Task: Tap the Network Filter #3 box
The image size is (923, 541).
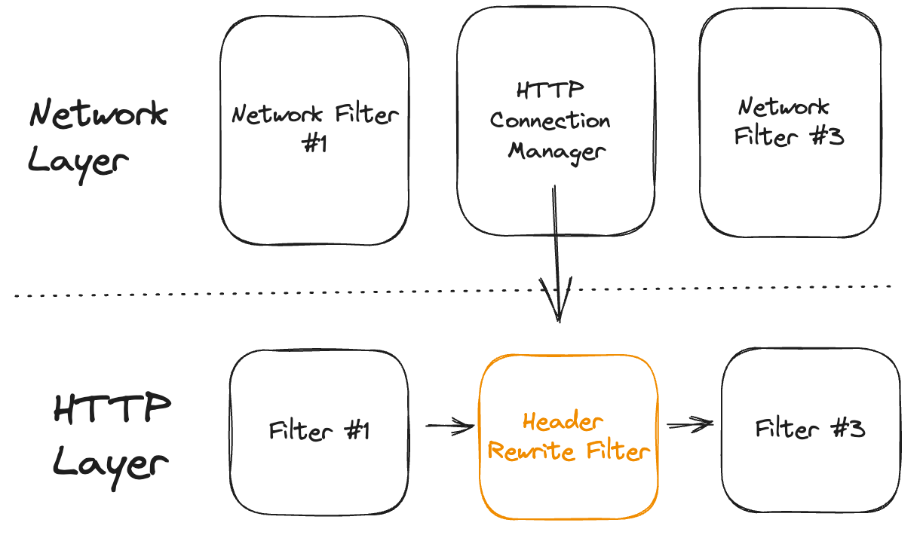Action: click(x=789, y=188)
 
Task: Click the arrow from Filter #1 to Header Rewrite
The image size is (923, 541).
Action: click(x=450, y=427)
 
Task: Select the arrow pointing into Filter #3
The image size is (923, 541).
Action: click(x=690, y=426)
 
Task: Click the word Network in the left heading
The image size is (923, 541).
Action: click(x=98, y=115)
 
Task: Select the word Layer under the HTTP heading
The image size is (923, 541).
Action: click(x=110, y=461)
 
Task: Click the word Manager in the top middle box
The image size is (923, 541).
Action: click(x=557, y=151)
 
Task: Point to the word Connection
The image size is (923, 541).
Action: click(x=550, y=121)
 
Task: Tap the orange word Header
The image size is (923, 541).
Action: click(x=563, y=421)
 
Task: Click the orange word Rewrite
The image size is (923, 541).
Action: click(x=525, y=451)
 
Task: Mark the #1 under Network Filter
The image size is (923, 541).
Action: click(x=314, y=143)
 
